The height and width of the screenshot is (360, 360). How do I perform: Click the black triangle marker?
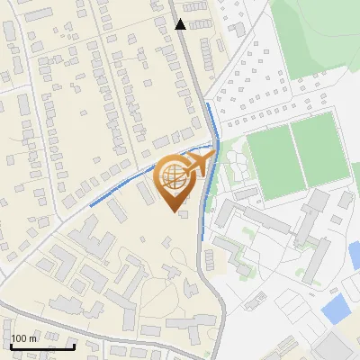coord(180,24)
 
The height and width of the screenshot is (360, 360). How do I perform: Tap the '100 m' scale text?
coord(24,338)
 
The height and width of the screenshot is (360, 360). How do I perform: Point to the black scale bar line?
coord(42,346)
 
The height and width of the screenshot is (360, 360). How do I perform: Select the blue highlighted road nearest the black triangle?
coord(211,121)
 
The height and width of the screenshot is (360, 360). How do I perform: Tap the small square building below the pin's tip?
coord(184,215)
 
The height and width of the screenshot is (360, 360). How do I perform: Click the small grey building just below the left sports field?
coord(246,193)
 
